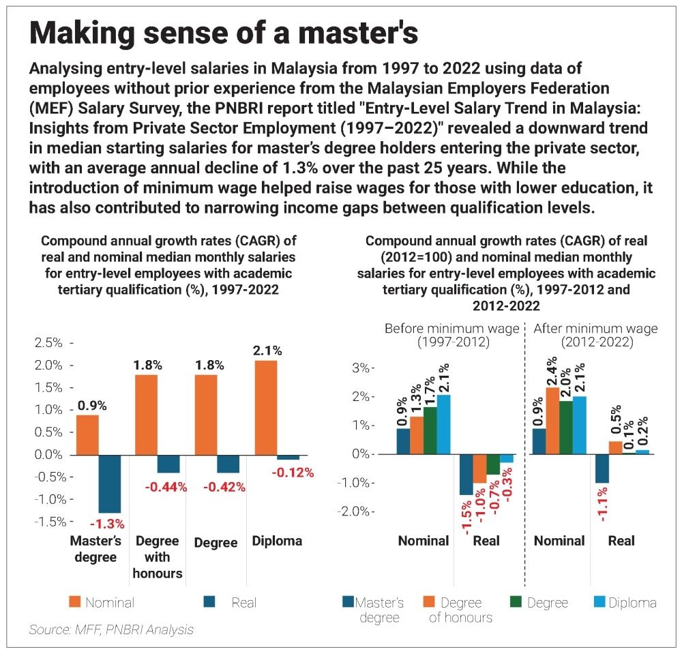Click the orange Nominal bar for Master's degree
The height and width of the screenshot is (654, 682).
coord(87,434)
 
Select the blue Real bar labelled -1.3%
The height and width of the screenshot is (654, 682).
coord(110,484)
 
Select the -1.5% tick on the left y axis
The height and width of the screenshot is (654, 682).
coord(49,522)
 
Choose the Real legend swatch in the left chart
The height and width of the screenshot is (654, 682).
coord(210,601)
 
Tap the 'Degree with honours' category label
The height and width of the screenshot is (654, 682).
coord(158,557)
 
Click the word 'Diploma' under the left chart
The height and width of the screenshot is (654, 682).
coord(277,541)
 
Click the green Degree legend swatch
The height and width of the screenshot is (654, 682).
coord(518,603)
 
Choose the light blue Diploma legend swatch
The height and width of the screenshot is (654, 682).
coord(597,603)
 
